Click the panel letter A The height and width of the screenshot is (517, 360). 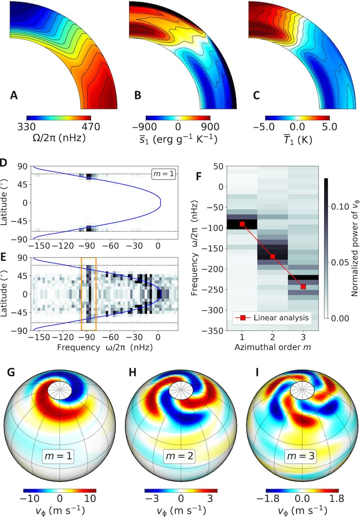click(14, 95)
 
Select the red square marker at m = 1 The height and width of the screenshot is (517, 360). click(242, 224)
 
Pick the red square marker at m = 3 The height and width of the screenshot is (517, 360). click(303, 286)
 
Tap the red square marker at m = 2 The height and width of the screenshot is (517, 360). click(273, 256)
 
